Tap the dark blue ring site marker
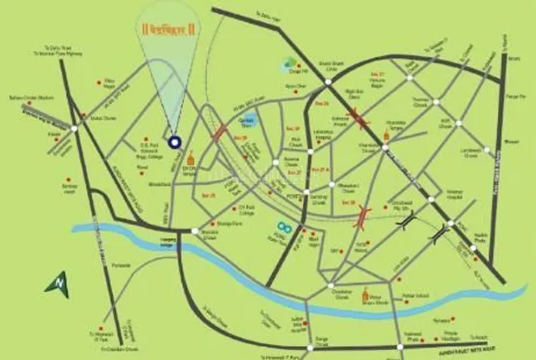coord(175,141)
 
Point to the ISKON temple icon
coord(191,158)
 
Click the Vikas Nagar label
coord(109,83)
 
